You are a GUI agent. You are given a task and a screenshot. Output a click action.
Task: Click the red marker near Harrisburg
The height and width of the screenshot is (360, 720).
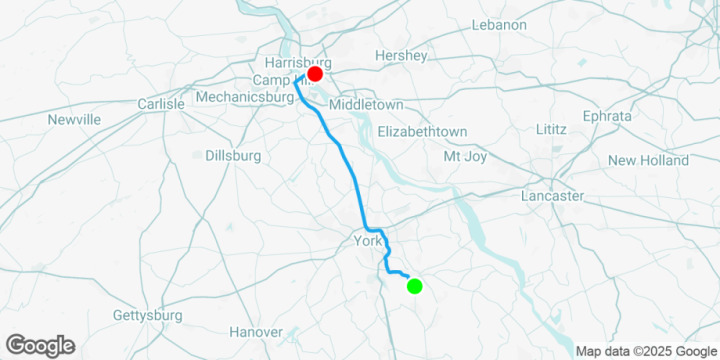click(314, 74)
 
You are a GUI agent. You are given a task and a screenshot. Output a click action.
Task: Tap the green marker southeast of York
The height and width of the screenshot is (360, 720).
click(415, 287)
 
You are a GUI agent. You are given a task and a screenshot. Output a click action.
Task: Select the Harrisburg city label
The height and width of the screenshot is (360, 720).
click(297, 62)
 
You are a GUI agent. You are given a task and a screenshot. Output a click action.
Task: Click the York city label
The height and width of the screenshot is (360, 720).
click(367, 241)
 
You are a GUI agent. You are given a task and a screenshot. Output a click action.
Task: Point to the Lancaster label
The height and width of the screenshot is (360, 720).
click(552, 196)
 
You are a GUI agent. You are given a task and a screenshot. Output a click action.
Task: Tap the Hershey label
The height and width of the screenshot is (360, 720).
click(400, 55)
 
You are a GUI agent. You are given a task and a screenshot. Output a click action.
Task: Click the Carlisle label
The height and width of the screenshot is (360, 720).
click(161, 104)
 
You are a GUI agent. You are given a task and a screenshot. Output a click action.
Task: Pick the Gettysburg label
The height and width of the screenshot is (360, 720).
click(147, 315)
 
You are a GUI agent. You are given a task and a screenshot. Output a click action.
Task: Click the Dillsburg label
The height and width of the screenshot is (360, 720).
click(232, 156)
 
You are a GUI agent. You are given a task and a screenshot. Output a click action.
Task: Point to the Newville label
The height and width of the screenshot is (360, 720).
click(74, 120)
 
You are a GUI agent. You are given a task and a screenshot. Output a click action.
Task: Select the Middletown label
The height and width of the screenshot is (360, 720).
click(365, 105)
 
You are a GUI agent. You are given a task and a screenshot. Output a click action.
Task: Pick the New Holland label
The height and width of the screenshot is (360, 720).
click(648, 160)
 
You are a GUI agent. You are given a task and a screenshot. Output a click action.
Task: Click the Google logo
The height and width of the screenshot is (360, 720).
click(40, 346)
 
